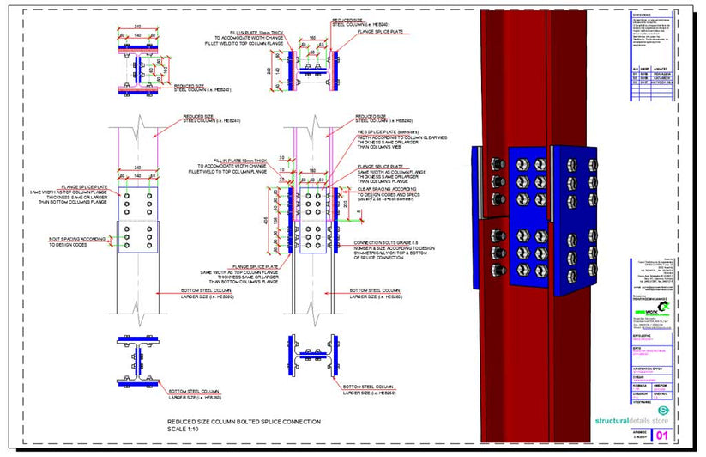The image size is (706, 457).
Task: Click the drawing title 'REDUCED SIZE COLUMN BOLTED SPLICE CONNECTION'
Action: pyautogui.click(x=234, y=422)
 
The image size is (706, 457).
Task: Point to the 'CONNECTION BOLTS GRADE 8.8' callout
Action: pyautogui.click(x=383, y=243)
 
